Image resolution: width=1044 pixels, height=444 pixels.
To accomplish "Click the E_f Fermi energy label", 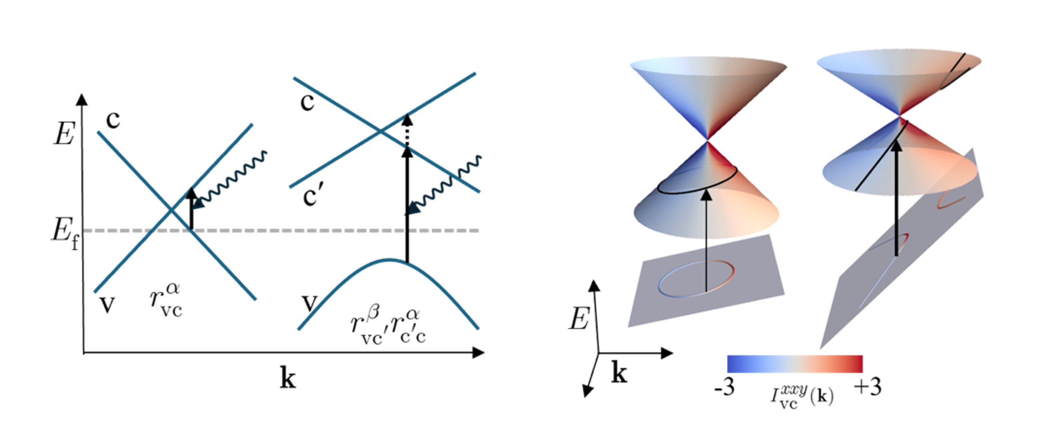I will point(65,234).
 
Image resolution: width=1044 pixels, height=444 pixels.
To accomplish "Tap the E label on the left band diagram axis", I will point(64,134).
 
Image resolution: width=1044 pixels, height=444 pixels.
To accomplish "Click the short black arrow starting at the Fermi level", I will point(192,209).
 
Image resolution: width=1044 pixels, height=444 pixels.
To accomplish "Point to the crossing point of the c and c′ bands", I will point(380,132).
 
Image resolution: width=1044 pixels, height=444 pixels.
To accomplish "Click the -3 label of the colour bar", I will point(724,386).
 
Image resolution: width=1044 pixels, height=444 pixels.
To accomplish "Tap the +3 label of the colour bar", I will point(867,386).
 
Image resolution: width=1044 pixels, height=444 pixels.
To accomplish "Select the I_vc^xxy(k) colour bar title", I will point(801,396).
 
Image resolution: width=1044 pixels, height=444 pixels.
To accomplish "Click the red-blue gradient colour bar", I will point(795,364).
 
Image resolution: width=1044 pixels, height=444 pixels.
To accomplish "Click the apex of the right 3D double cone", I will point(899,116).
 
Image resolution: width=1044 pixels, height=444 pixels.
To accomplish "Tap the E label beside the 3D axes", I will point(579,318).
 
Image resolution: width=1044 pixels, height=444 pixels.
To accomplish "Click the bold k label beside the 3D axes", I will point(619,373).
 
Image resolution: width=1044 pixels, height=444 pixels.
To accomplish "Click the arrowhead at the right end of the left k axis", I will point(479,353).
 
